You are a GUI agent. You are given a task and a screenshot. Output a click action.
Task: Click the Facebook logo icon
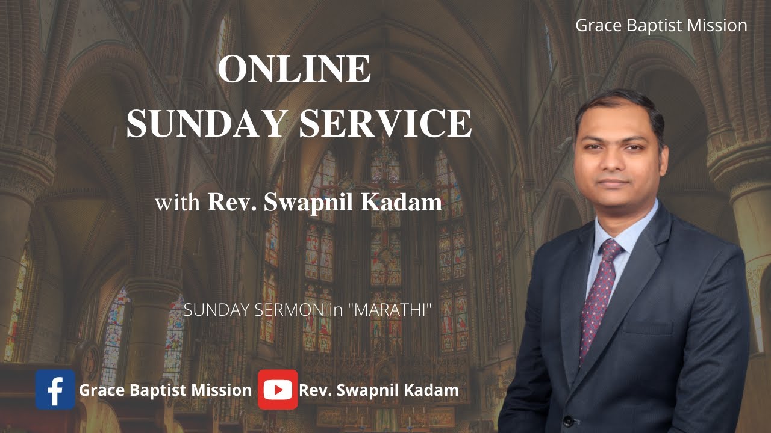[x=55, y=390]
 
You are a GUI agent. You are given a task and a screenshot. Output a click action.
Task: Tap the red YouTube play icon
[x=278, y=390]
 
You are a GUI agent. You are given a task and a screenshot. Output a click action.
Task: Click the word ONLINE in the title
[x=294, y=69]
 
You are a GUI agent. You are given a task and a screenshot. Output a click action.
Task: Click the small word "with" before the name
[x=178, y=203]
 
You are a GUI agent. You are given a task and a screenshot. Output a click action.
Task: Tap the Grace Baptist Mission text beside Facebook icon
[x=165, y=390]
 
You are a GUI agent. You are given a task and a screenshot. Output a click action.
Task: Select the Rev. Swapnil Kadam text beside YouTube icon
[x=379, y=390]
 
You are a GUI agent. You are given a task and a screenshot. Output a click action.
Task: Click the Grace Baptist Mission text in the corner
[x=661, y=26]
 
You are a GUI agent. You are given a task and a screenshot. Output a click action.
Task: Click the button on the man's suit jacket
[x=567, y=420]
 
